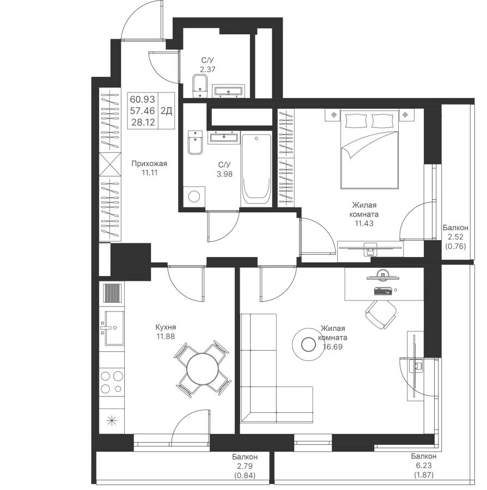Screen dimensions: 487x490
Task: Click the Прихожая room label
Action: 149,163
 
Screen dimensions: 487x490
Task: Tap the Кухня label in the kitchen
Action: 166,327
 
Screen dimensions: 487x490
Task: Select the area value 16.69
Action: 333,347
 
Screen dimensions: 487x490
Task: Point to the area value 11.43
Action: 364,223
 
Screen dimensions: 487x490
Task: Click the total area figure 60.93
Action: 143,100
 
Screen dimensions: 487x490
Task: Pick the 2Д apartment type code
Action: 166,111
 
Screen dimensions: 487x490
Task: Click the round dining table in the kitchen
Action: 203,369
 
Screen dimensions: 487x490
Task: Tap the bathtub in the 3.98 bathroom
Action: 257,170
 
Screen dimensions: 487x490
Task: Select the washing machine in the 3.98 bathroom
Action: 194,197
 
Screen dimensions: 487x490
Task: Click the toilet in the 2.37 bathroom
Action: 200,87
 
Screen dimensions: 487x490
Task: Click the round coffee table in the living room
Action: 308,345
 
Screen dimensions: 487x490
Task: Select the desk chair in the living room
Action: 381,314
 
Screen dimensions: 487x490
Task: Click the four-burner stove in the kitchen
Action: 112,382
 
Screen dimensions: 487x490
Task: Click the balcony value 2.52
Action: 455,237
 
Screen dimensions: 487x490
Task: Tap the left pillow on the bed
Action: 356,121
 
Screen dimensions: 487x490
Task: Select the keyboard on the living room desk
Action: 383,291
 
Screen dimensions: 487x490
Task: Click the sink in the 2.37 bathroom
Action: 228,91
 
